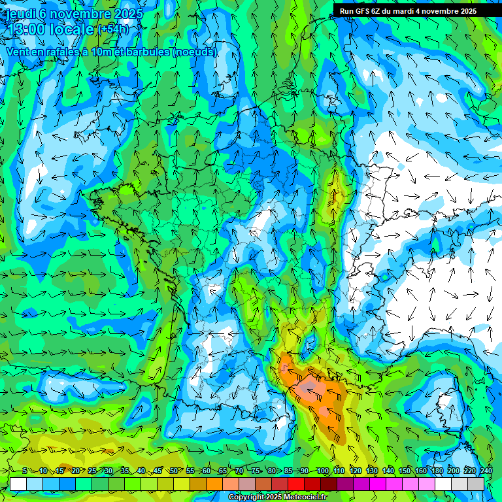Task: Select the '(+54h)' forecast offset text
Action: coord(112,30)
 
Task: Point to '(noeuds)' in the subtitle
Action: coord(194,52)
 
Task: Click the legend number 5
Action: coord(25,471)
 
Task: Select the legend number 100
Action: coord(322,471)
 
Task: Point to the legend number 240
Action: coord(486,471)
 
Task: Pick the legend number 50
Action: coord(174,471)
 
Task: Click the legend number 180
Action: coord(437,471)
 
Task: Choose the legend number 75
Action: coord(256,471)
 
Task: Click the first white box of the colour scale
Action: coord(18,484)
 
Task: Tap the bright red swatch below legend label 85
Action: coord(296,484)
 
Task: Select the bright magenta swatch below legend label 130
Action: coord(378,484)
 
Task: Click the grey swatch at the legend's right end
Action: coord(476,484)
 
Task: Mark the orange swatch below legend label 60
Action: coord(214,484)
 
